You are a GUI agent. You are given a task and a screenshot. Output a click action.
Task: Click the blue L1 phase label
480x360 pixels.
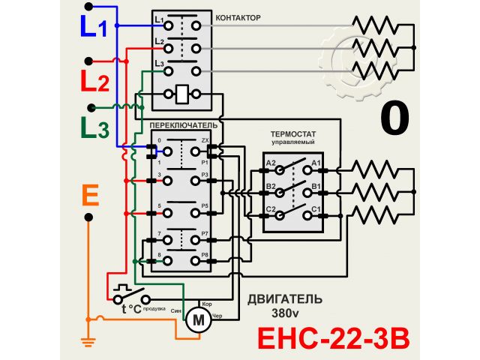tap(94, 27)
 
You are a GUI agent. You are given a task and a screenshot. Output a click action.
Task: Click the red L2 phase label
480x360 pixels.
tap(94, 80)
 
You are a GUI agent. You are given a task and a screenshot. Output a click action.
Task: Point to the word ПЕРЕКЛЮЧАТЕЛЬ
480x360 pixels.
tap(183, 123)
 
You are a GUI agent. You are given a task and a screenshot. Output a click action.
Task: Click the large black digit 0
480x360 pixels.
tap(395, 118)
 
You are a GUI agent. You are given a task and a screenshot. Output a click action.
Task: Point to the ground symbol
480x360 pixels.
tap(88, 344)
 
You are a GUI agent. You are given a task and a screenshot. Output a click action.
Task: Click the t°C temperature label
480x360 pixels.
tap(131, 308)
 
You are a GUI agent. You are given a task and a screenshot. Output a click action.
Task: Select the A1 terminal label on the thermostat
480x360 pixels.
tap(316, 163)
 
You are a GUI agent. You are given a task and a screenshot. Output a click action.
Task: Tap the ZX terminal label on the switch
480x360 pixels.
tap(205, 140)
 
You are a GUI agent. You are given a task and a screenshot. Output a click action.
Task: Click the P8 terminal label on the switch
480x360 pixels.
tap(205, 256)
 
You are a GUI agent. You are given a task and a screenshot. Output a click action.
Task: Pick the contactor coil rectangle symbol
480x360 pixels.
tap(182, 95)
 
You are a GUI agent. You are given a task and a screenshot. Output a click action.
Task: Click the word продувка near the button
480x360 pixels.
tap(155, 308)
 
